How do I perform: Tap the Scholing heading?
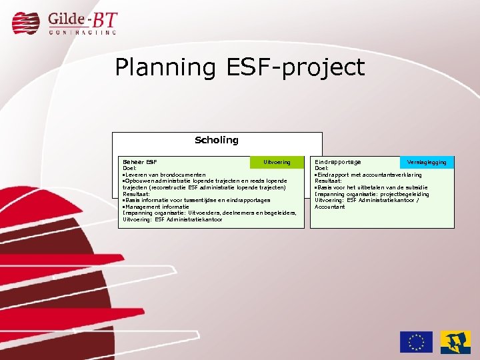coord(216,140)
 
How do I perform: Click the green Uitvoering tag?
coord(277,162)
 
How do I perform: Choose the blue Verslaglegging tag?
coord(427,162)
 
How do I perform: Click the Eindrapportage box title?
coord(338,162)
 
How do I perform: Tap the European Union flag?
coord(416,342)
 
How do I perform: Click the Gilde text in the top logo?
coord(65,19)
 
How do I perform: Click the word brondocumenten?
coord(181,175)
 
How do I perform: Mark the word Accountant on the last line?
coord(330,207)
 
